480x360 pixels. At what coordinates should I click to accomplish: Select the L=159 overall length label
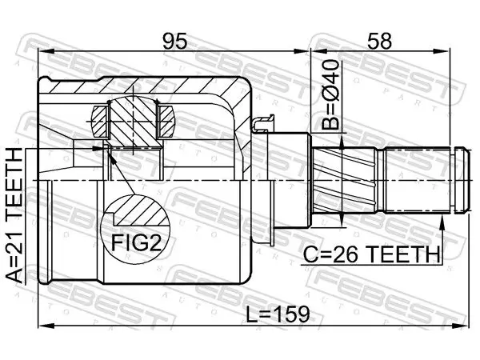(x=278, y=314)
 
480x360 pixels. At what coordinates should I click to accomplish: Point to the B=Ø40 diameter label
(x=330, y=94)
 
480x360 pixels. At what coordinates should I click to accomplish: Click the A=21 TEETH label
(x=14, y=216)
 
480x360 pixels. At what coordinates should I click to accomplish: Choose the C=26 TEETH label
(x=370, y=254)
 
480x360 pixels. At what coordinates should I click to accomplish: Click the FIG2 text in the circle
(x=136, y=242)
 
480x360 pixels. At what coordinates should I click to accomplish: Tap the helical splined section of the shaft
(x=345, y=180)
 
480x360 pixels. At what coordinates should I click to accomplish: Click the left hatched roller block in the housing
(x=100, y=122)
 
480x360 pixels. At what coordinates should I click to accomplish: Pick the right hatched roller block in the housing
(x=166, y=122)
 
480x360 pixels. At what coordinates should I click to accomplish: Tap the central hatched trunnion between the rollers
(x=134, y=122)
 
